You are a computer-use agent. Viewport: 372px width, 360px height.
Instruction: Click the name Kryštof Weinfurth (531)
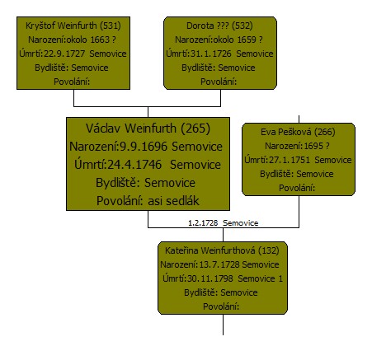pos(73,26)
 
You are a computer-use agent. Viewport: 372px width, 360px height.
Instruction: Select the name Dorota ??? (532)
pos(219,26)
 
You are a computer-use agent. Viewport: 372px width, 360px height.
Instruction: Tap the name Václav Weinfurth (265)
pos(148,129)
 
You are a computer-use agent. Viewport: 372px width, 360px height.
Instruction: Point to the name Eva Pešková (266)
pos(298,132)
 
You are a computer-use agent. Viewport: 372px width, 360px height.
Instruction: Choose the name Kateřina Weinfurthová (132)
pos(222,250)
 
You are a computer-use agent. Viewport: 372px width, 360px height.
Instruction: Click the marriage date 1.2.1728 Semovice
pos(223,223)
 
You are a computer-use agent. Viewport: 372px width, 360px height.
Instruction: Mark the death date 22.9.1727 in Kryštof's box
pos(64,54)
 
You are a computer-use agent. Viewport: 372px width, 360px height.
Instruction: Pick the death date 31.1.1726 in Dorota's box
pos(211,54)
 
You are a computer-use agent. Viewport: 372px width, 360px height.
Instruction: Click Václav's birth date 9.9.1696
pos(144,147)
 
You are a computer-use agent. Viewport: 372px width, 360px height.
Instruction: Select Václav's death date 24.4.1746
pos(134,165)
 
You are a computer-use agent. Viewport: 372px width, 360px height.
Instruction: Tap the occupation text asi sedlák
pos(173,201)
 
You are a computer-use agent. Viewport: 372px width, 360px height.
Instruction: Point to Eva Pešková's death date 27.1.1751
pos(290,160)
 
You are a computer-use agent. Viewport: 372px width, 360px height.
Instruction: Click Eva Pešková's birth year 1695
pos(313,146)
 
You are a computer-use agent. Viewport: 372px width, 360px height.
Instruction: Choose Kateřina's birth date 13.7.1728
pos(219,264)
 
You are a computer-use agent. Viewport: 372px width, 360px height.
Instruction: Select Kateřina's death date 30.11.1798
pos(210,278)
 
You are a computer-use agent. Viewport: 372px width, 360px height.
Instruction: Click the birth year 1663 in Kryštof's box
pos(100,40)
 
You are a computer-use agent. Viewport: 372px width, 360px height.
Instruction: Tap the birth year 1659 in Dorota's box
pos(247,40)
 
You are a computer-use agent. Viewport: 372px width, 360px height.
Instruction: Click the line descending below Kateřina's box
pos(223,325)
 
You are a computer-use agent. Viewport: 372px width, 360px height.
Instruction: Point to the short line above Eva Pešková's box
pos(299,119)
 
